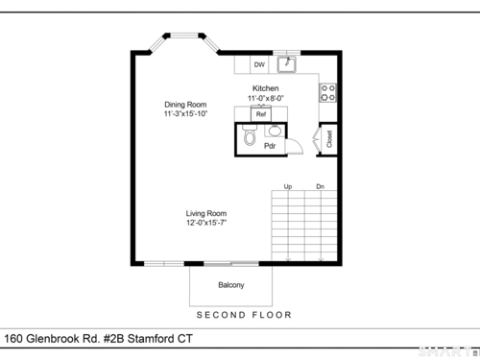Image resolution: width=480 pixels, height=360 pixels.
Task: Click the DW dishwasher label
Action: (x=259, y=64)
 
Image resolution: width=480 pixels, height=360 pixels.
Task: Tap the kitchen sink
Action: (x=287, y=64)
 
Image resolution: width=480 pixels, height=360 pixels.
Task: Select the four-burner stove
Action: (x=327, y=93)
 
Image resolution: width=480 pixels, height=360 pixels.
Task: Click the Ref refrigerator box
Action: (x=261, y=113)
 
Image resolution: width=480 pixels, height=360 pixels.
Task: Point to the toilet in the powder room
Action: (x=250, y=134)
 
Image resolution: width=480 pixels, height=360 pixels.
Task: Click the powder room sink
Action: (x=275, y=131)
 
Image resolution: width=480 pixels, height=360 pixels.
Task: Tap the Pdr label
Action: (x=270, y=146)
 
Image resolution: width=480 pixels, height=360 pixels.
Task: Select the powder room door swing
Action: (x=295, y=147)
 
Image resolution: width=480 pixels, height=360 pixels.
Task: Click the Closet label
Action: (x=329, y=139)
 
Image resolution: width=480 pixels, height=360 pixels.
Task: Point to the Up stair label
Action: (x=288, y=186)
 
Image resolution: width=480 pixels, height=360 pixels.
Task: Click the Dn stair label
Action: (x=321, y=186)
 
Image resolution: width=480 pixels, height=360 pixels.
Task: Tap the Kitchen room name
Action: (x=266, y=88)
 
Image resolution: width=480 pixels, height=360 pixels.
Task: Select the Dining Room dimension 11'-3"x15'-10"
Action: (x=185, y=114)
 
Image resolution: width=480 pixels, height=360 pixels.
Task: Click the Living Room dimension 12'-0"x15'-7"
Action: (x=206, y=223)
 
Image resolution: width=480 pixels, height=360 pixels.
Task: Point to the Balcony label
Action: (x=231, y=285)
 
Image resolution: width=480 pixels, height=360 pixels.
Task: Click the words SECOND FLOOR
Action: (x=244, y=315)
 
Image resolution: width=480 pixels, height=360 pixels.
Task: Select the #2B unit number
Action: (x=113, y=339)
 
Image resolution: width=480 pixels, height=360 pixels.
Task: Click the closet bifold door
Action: (x=317, y=139)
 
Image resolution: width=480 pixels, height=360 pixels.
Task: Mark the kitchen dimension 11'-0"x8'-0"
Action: (x=266, y=98)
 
